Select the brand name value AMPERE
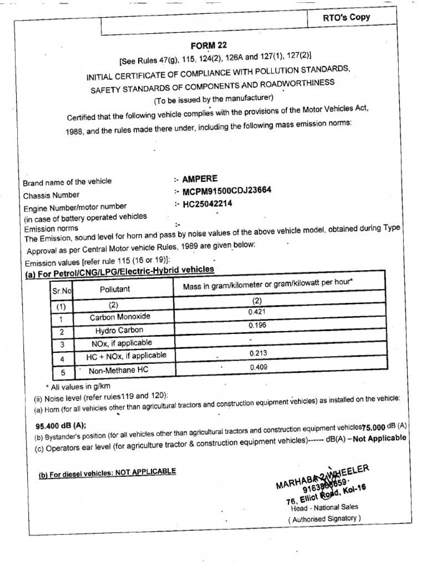click(x=200, y=179)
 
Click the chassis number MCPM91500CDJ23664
click(x=227, y=191)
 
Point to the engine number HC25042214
click(x=207, y=204)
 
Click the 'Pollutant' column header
click(x=115, y=289)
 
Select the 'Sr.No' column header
click(x=62, y=290)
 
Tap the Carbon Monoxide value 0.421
click(x=257, y=313)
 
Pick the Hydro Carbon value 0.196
click(x=257, y=326)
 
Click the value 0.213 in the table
click(x=258, y=353)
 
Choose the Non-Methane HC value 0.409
click(x=258, y=367)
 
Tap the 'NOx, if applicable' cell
click(x=121, y=343)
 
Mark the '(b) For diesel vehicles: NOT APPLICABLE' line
click(x=107, y=472)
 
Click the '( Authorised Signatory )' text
click(x=324, y=519)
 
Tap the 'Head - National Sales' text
click(x=324, y=507)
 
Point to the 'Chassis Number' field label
click(x=51, y=195)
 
